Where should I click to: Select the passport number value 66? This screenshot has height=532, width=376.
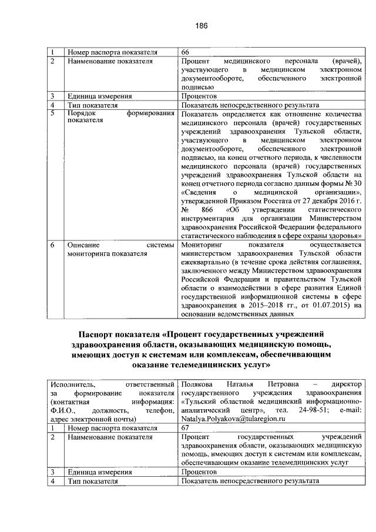click(186, 52)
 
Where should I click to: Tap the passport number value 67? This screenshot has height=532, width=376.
click(186, 429)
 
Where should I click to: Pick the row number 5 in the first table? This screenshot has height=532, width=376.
click(52, 113)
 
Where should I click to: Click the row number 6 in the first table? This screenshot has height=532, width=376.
click(52, 243)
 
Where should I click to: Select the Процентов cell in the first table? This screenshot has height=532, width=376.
click(200, 96)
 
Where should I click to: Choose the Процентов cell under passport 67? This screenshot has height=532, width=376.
click(200, 472)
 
